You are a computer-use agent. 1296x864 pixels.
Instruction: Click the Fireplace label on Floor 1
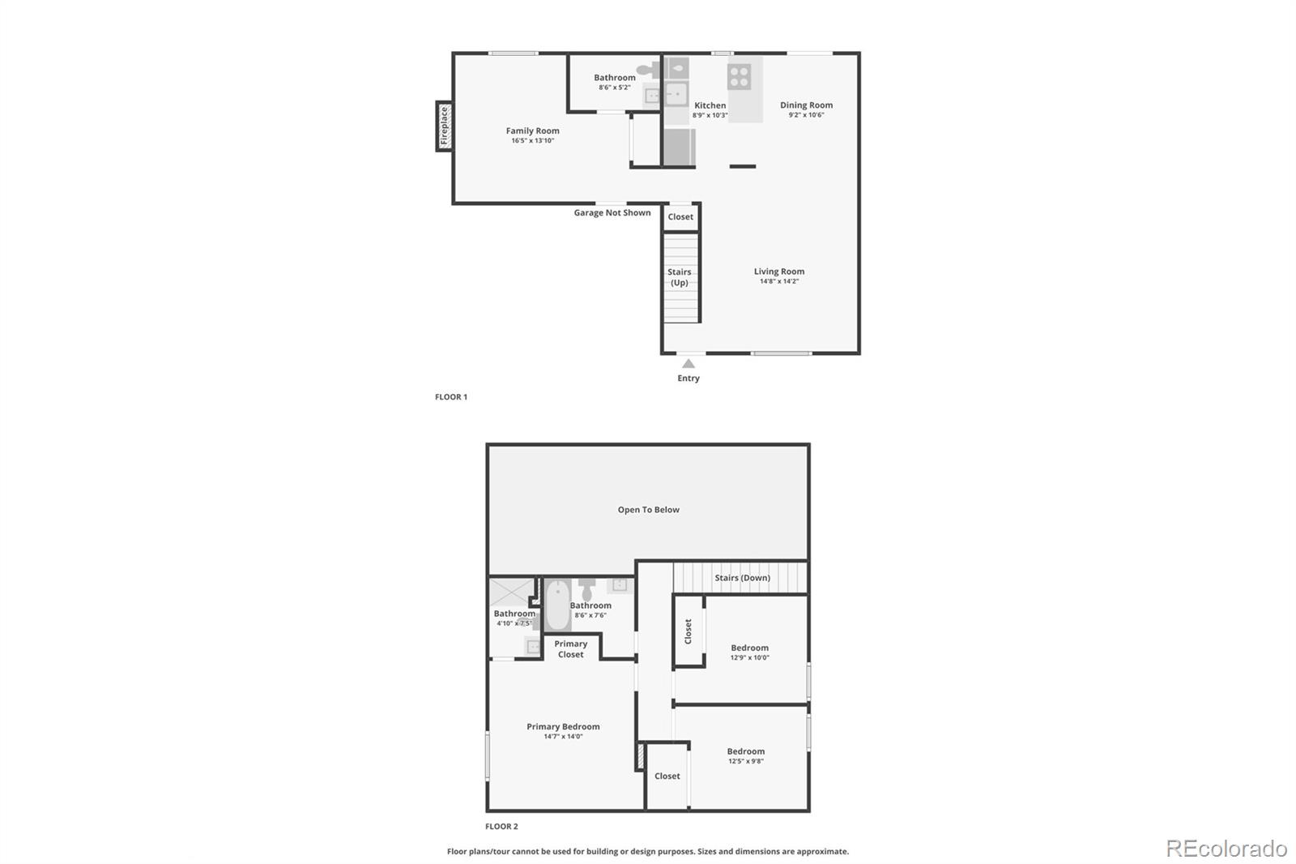point(445,126)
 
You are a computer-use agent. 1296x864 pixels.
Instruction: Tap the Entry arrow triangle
point(688,364)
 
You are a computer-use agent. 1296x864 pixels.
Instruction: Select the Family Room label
point(532,130)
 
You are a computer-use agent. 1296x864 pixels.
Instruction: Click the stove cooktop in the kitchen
point(740,76)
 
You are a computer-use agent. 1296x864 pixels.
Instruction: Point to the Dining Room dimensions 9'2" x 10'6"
point(806,114)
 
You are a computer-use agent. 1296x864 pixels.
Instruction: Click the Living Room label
point(778,271)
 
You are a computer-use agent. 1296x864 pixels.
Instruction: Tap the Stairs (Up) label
point(680,277)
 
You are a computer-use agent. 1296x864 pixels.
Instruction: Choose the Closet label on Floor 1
point(680,216)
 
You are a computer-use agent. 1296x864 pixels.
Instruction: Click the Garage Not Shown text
point(612,212)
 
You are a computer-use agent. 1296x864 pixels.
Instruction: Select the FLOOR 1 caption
point(451,396)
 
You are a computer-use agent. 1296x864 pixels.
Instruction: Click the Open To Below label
point(649,510)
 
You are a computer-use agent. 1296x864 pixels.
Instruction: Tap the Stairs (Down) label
point(742,577)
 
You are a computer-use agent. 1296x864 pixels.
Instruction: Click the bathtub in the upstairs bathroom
point(558,605)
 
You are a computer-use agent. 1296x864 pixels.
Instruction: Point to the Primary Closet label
point(570,649)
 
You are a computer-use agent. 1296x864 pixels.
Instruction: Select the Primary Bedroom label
point(563,726)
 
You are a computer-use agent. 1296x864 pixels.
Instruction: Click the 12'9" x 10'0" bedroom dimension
point(750,657)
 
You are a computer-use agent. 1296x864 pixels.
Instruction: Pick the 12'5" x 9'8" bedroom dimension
point(746,761)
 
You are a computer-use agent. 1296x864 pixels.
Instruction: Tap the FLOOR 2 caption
point(501,827)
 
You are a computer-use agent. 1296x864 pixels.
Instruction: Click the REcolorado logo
point(1226,849)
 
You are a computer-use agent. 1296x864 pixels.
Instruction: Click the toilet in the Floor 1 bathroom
point(650,70)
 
